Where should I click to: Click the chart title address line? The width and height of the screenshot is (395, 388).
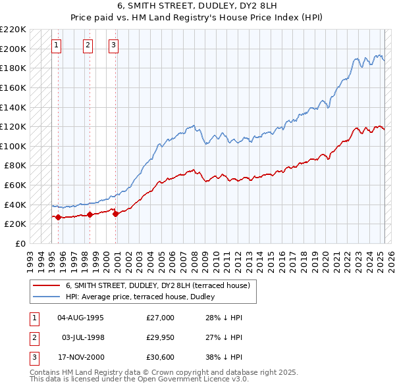[x=197, y=6]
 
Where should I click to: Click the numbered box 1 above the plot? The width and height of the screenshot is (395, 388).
[x=57, y=45]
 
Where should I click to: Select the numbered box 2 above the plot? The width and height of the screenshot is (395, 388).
[x=88, y=45]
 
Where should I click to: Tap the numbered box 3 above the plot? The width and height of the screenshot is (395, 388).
[x=114, y=45]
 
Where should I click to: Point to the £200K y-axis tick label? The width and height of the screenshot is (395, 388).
[x=13, y=49]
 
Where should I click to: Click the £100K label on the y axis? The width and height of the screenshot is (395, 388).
[x=13, y=146]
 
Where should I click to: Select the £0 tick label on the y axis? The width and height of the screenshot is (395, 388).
[x=21, y=243]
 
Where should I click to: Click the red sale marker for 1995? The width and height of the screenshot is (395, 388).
[x=58, y=217]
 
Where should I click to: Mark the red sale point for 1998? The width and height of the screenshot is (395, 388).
[x=90, y=214]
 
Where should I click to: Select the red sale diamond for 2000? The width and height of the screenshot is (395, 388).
[x=115, y=214]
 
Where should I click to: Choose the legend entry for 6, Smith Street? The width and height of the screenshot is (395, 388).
[x=157, y=286]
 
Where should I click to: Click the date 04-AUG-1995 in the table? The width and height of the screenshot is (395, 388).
[x=80, y=318]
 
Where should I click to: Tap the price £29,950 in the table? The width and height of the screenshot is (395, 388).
[x=160, y=337]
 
